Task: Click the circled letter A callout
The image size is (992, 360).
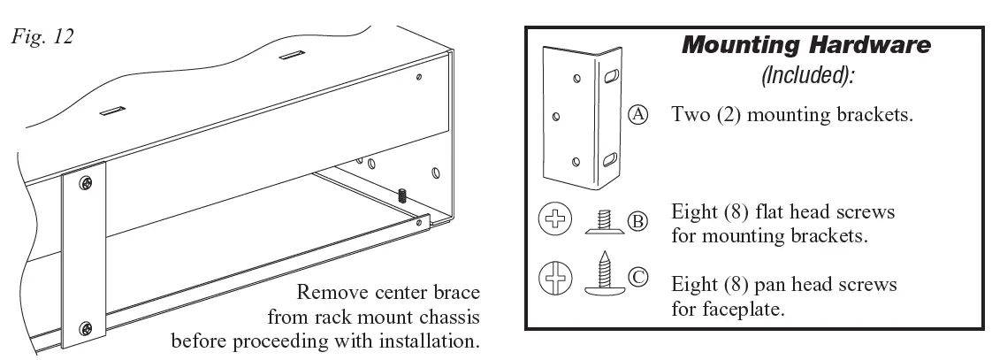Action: [x=639, y=114]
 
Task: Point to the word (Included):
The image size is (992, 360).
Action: [x=807, y=76]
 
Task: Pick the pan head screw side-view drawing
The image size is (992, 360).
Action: [x=606, y=276]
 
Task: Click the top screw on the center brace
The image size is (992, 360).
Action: [x=86, y=183]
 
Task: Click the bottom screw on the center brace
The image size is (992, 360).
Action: [x=85, y=328]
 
